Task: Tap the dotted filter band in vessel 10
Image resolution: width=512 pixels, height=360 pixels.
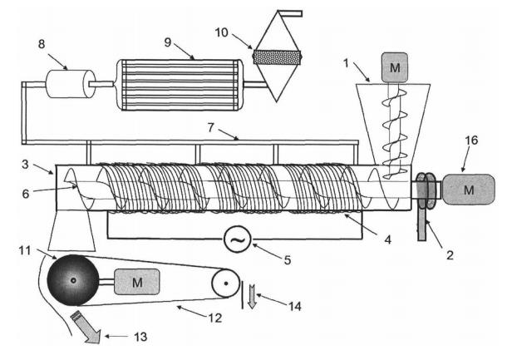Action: point(276,57)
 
